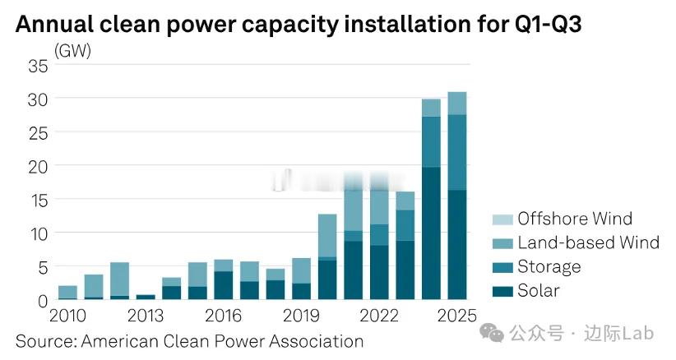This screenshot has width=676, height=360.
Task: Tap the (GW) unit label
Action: (72, 51)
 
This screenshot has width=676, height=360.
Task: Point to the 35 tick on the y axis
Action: (38, 66)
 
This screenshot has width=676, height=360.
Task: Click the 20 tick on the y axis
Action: (38, 166)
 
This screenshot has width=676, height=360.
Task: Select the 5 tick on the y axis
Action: (42, 267)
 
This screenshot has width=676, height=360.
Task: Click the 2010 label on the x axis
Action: (68, 316)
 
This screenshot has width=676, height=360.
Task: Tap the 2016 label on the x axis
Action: (223, 316)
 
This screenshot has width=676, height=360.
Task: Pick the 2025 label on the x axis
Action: (457, 316)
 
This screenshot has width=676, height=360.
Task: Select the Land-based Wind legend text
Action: (588, 242)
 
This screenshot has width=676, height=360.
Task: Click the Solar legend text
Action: (538, 291)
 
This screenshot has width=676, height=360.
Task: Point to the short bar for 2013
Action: (146, 297)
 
